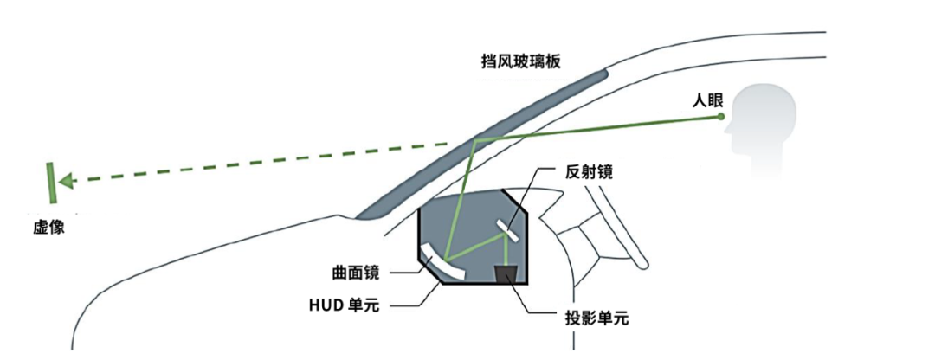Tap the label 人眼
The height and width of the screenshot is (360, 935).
tap(707, 99)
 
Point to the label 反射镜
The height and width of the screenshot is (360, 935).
tap(583, 171)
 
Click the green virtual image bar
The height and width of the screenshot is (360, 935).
tap(51, 181)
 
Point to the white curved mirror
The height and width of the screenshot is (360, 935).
tap(442, 261)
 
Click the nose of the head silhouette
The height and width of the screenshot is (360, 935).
tap(725, 130)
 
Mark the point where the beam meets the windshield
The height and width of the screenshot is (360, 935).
tap(474, 138)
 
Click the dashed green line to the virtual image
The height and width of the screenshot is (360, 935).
tap(260, 162)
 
